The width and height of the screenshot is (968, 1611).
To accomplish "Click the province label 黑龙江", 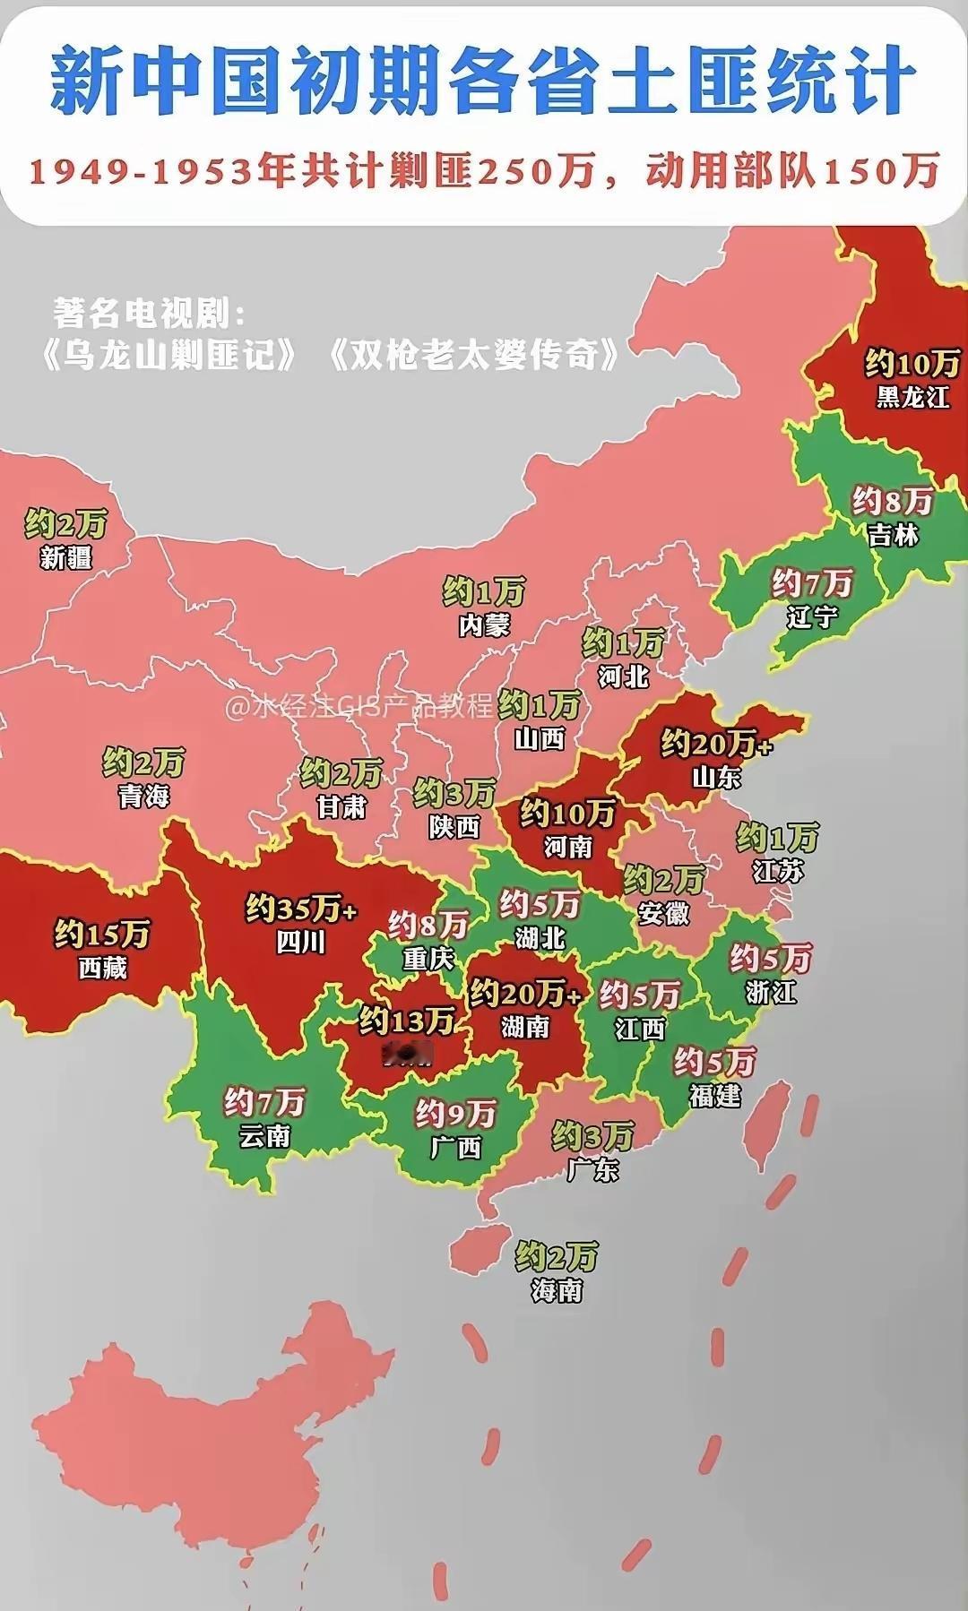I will tap(912, 397).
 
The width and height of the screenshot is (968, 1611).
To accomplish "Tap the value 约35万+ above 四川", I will tap(301, 909).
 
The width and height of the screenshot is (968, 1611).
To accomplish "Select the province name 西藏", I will tap(103, 968).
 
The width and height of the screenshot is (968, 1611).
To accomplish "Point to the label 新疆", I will tap(65, 557).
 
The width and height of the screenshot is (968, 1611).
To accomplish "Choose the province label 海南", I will tap(557, 1290).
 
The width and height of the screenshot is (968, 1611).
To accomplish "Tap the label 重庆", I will tap(428, 959).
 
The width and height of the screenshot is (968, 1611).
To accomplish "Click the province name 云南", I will tap(264, 1136).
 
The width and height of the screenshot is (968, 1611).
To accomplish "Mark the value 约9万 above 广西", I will tap(454, 1114).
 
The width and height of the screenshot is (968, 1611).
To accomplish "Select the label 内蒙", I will tap(484, 625).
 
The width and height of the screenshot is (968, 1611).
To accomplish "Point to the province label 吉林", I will tap(893, 535).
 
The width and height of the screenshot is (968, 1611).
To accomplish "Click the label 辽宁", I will tap(812, 617).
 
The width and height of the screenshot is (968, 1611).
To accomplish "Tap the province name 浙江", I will tap(770, 992).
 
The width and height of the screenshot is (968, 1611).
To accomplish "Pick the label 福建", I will tap(714, 1095).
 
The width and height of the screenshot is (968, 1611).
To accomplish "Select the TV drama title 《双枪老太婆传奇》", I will tap(472, 356).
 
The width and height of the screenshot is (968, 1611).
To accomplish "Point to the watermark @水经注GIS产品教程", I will tap(359, 707).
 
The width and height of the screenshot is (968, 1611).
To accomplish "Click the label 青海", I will tap(143, 796).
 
